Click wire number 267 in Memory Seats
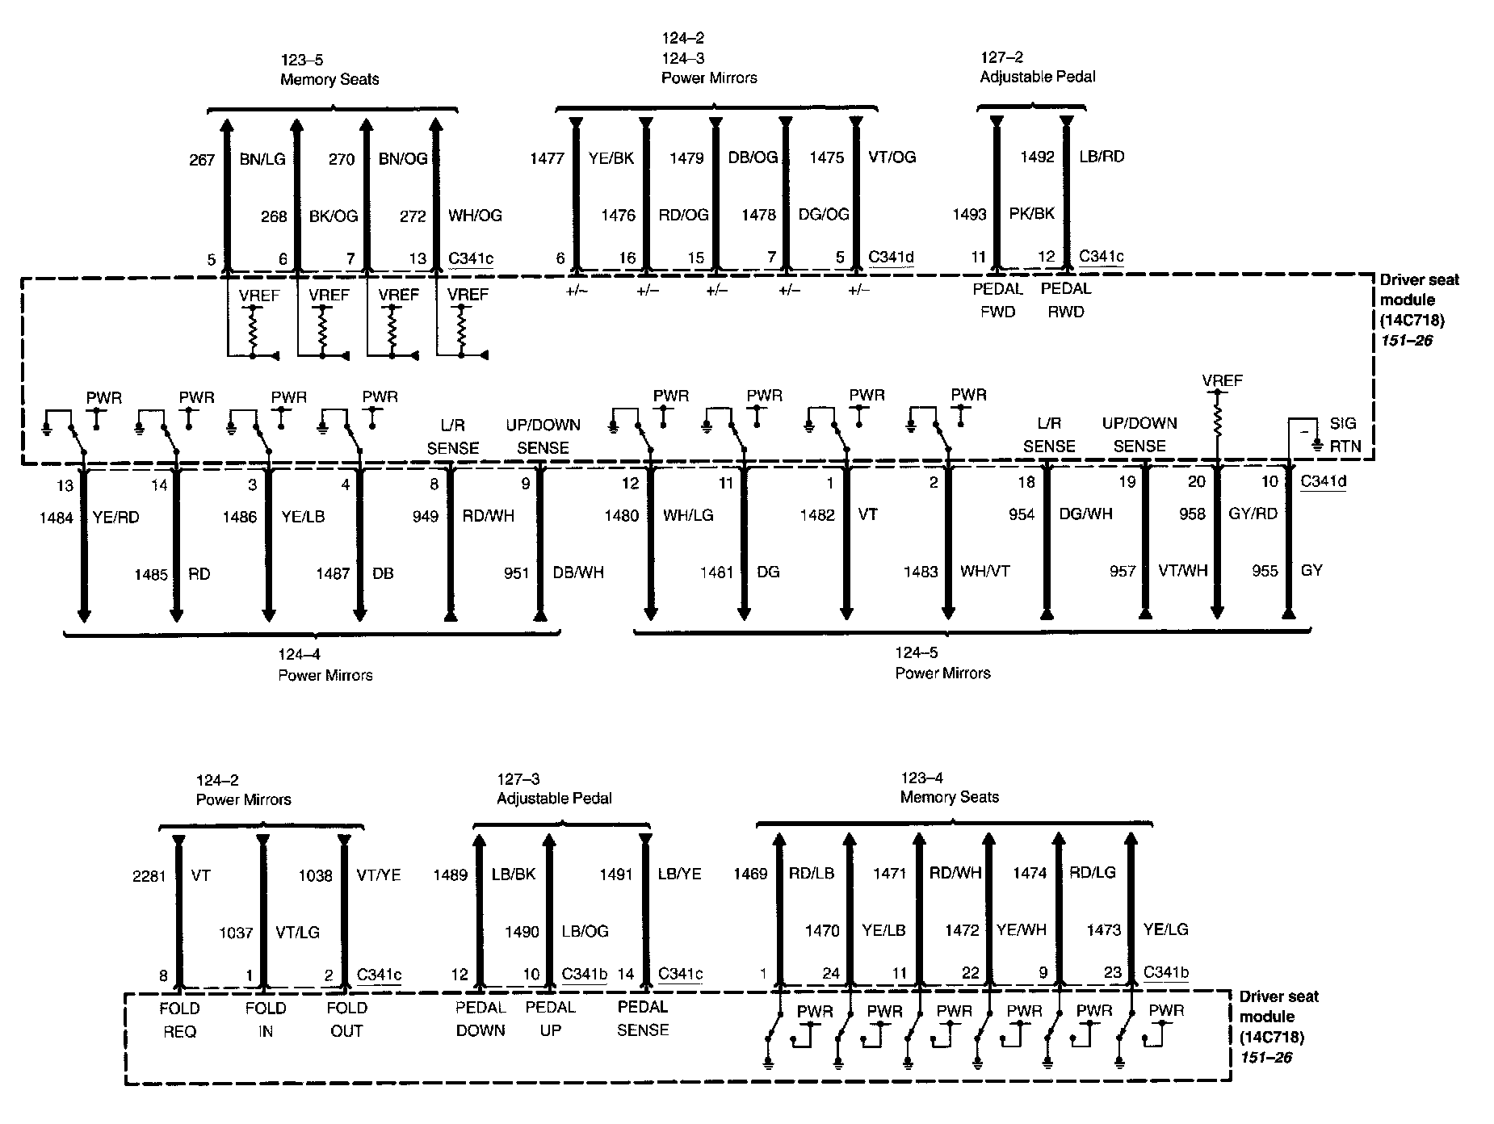pos(202,159)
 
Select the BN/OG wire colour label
pos(403,158)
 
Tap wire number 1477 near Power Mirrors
pos(547,158)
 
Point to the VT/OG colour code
pos(892,157)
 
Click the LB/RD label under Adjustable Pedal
pos(1102,156)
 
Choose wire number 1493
pos(969,214)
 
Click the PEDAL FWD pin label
pos(998,300)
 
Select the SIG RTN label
pos(1345,434)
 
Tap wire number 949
pos(425,516)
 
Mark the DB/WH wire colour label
pos(578,572)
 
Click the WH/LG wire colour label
pos(688,515)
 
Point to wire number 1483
pos(921,572)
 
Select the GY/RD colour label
pos(1253,514)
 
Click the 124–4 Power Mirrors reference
pos(325,665)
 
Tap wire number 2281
pos(149,875)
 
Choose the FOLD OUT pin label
pos(347,1019)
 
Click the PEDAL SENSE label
pos(643,1018)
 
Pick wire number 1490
pos(522,932)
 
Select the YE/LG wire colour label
pos(1165,930)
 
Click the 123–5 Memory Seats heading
pos(329,69)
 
